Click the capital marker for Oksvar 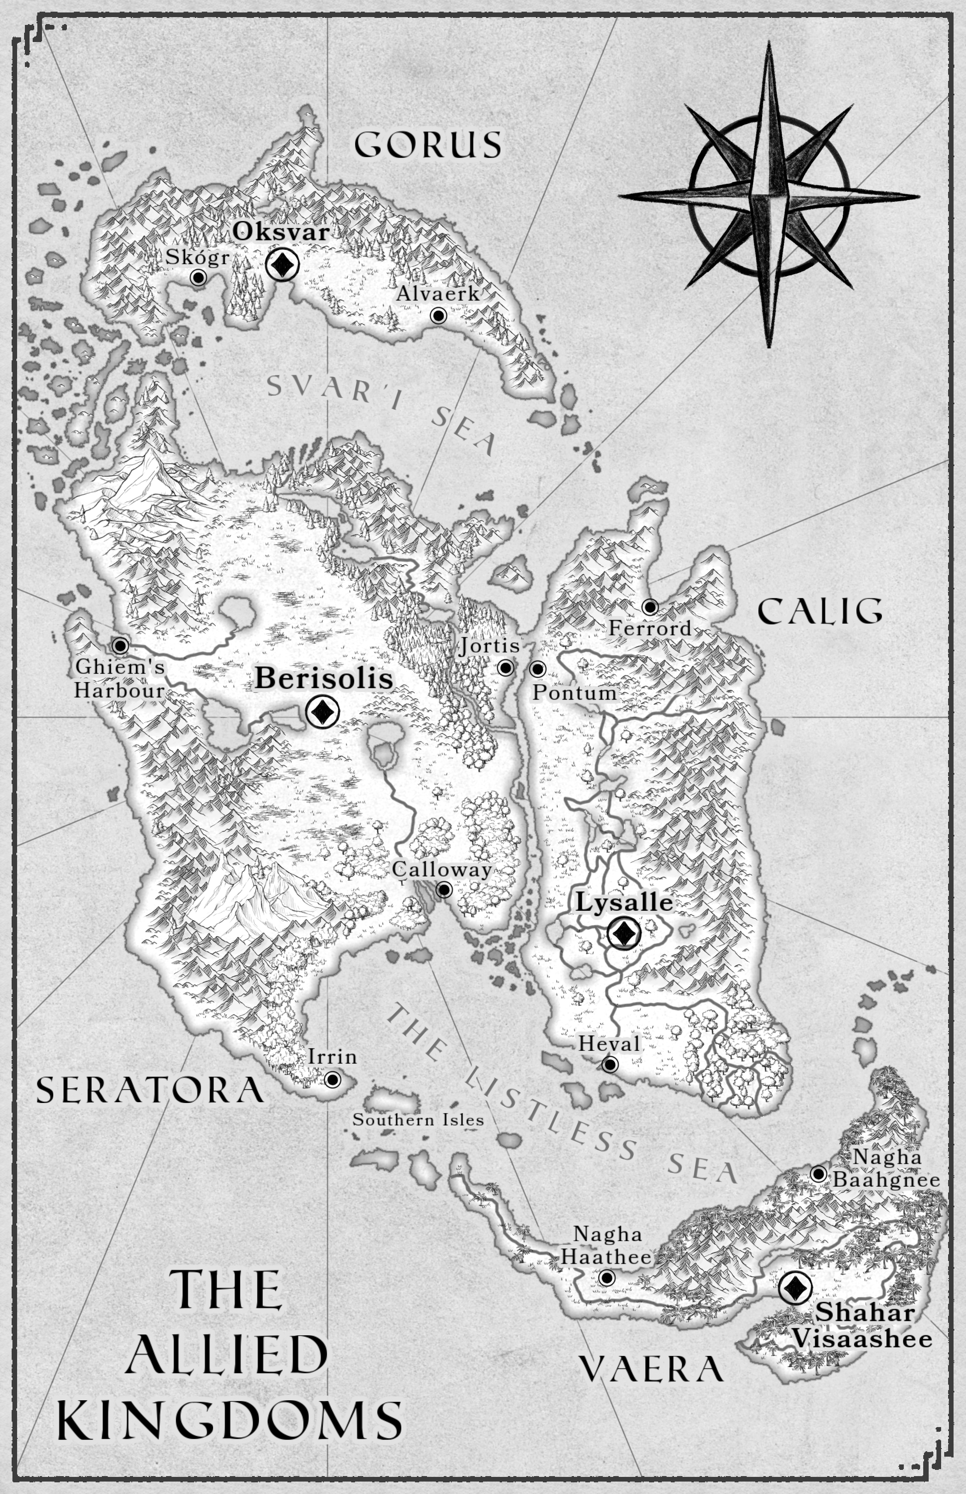(282, 265)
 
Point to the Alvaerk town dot (438, 315)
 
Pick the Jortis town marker (506, 668)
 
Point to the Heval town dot (610, 1064)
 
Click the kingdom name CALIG (820, 611)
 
